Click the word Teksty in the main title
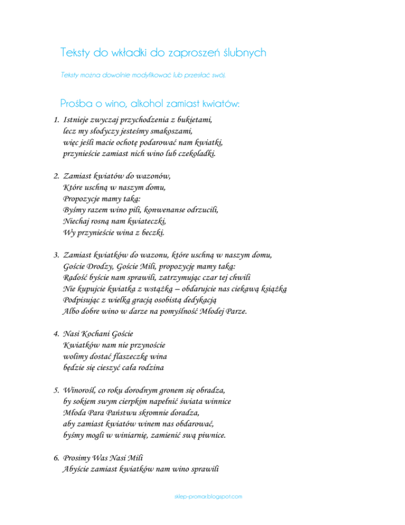pyautogui.click(x=76, y=53)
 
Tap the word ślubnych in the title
pyautogui.click(x=244, y=53)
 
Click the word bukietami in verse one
pyautogui.click(x=192, y=120)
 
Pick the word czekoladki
pyautogui.click(x=198, y=154)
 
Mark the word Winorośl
pyautogui.click(x=80, y=391)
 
